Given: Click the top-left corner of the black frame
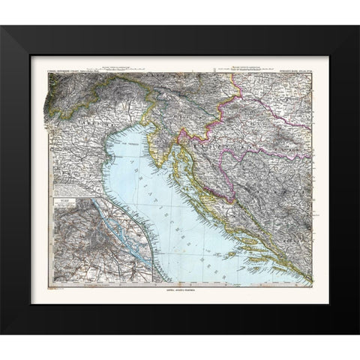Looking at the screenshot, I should pyautogui.click(x=2, y=25).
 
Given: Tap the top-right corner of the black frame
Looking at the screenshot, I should pyautogui.click(x=358, y=25).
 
